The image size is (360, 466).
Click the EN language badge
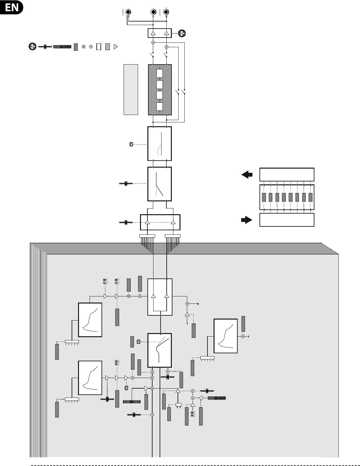tap(12, 7)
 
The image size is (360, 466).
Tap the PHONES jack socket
tap(128, 13)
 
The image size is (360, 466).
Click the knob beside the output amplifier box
tap(182, 33)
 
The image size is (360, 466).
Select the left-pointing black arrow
tap(247, 175)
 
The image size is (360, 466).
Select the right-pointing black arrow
tap(247, 220)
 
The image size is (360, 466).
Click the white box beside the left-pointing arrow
tap(286, 174)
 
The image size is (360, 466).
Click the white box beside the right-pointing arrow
tap(286, 220)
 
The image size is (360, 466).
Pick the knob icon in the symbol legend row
tap(32, 47)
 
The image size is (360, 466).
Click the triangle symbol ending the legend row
tap(116, 47)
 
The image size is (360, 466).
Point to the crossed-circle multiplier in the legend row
tap(84, 47)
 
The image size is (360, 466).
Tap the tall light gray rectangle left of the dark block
tap(131, 89)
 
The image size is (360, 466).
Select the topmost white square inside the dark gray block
tap(160, 73)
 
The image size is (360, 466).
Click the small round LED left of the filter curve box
tap(131, 144)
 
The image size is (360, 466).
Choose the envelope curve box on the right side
tap(226, 336)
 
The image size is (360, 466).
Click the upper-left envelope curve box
tap(90, 320)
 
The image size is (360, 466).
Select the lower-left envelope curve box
tap(90, 378)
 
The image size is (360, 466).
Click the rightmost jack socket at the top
tap(166, 13)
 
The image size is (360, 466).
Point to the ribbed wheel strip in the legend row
tap(62, 47)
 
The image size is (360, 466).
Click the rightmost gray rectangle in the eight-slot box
tap(311, 197)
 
